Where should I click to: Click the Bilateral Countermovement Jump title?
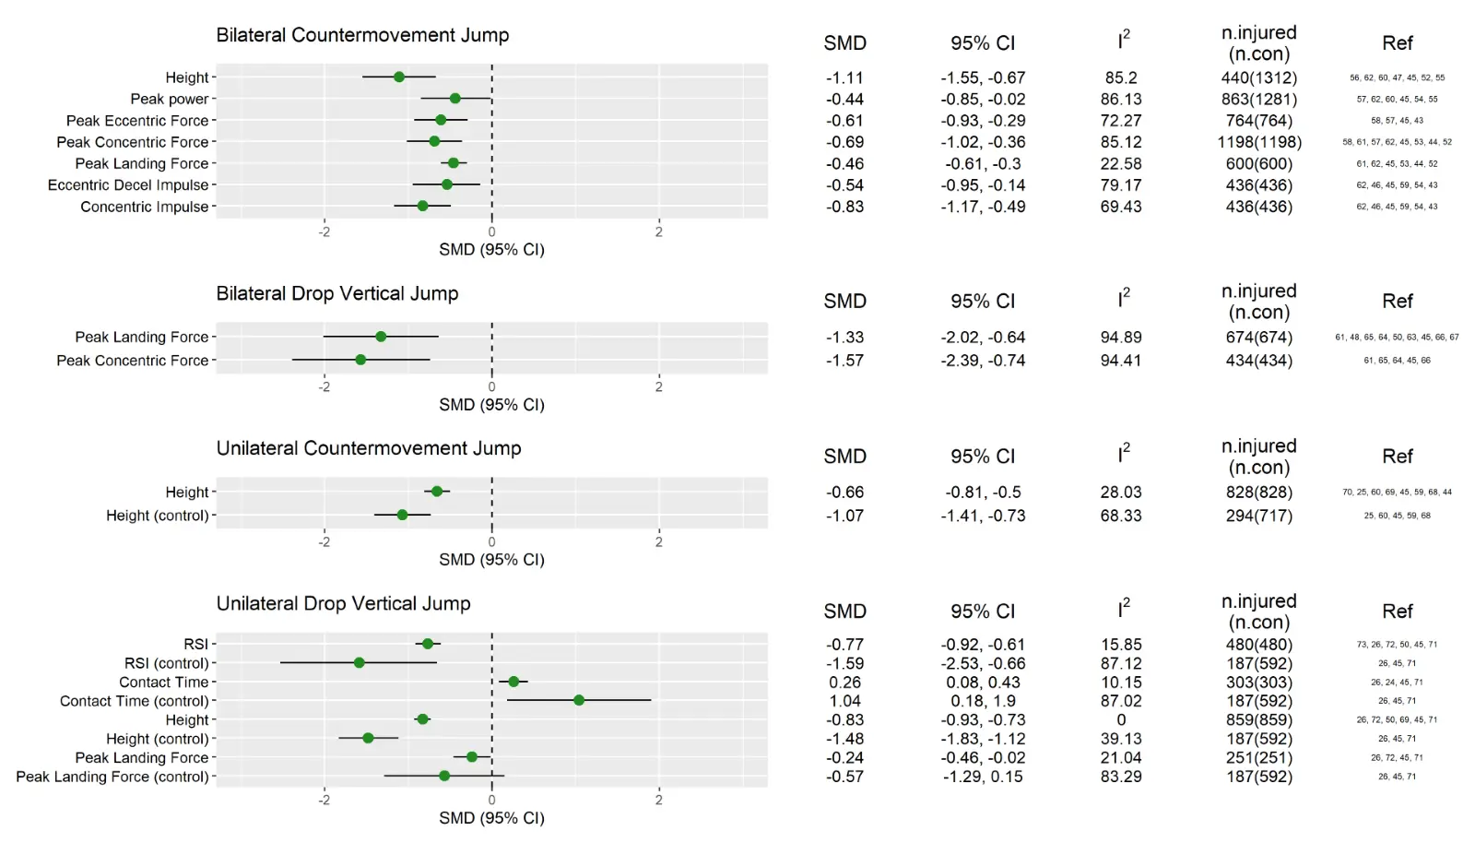[362, 35]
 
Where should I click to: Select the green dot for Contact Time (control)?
[579, 700]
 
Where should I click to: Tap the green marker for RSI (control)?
[360, 662]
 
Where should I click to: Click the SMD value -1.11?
[844, 77]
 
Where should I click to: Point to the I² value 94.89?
[1121, 337]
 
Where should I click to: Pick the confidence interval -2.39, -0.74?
[983, 360]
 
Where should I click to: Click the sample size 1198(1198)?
[1259, 142]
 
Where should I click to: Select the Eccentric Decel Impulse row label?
[128, 185]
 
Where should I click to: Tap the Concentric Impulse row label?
[145, 207]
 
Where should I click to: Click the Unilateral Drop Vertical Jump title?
[343, 603]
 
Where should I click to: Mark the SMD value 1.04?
[844, 701]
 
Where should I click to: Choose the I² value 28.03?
[1121, 492]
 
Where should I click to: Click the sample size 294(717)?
[1259, 516]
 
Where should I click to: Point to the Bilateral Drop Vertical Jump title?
[337, 293]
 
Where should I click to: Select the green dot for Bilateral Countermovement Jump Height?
[399, 77]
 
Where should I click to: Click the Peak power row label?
[170, 99]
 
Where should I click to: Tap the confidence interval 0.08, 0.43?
[983, 683]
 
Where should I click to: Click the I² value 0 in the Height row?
[1121, 719]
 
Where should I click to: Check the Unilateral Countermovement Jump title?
[369, 448]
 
